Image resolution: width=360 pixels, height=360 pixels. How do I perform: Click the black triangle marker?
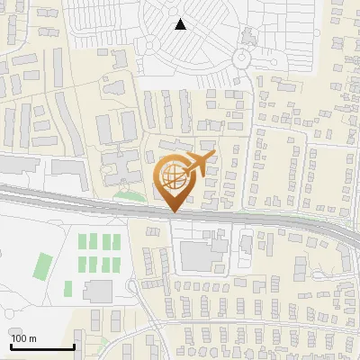point(181,24)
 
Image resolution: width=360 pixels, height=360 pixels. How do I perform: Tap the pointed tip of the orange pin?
point(173,212)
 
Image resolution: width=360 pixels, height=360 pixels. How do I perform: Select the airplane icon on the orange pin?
point(199,164)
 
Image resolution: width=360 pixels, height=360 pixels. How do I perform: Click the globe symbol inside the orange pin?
point(173,178)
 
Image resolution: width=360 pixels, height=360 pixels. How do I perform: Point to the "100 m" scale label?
point(22,338)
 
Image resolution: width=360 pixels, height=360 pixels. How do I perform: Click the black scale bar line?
point(42,346)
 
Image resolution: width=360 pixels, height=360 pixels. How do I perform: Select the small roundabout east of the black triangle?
point(240,58)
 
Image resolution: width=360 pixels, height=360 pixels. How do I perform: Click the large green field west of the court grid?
point(42,265)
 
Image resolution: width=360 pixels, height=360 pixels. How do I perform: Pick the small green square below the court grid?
point(67,289)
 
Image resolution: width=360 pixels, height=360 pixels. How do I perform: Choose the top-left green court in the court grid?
point(83,242)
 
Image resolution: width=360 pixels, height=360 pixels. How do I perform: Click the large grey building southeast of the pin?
point(199,255)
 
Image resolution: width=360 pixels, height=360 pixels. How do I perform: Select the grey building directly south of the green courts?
point(98,291)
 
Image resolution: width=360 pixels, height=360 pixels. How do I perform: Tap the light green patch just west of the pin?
point(131,194)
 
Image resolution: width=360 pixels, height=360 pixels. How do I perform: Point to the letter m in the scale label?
point(31,338)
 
